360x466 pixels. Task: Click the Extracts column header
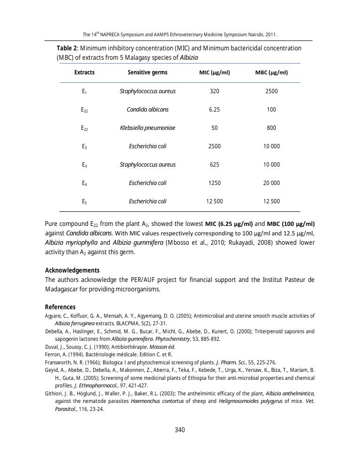[x=84, y=72]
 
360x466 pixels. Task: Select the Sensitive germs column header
[x=147, y=72]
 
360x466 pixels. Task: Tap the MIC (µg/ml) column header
[x=214, y=72]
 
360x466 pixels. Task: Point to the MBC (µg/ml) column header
[x=272, y=72]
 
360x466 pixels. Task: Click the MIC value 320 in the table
[x=214, y=91]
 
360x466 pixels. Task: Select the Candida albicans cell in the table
[x=147, y=110]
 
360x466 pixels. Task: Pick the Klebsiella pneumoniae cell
[x=147, y=128]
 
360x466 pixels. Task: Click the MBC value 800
[x=272, y=128]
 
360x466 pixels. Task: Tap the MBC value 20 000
[x=272, y=183]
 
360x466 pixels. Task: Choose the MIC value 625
[x=214, y=165]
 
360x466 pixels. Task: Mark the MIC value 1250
[x=214, y=183]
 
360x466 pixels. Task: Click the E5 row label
[x=84, y=202]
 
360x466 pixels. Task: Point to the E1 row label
[x=84, y=92]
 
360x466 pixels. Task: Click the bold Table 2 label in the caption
[x=67, y=48]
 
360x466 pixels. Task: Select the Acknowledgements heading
[x=72, y=270]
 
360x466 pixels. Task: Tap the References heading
[x=60, y=307]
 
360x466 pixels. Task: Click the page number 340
[x=180, y=430]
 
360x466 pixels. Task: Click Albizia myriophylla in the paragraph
[x=71, y=242]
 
